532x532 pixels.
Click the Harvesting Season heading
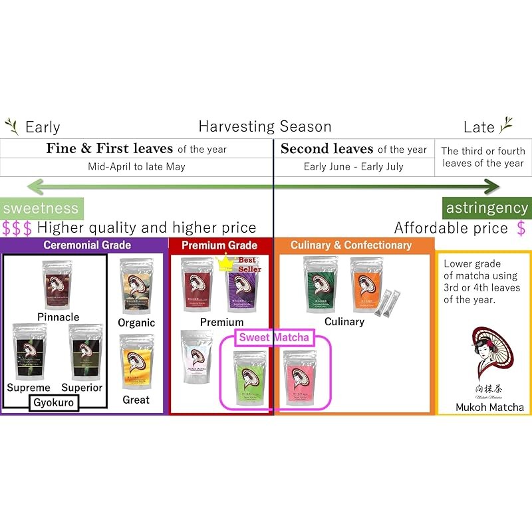click(x=265, y=126)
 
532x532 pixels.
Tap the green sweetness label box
click(x=41, y=208)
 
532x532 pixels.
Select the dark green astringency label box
click(x=486, y=208)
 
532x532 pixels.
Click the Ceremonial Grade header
click(x=87, y=245)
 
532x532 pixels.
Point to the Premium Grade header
click(x=219, y=245)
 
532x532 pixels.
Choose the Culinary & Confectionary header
click(x=351, y=245)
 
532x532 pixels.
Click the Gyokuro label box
click(x=54, y=403)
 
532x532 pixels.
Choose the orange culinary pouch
click(x=366, y=284)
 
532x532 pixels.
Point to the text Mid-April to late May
click(x=136, y=166)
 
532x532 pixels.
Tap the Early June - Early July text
click(x=353, y=166)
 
